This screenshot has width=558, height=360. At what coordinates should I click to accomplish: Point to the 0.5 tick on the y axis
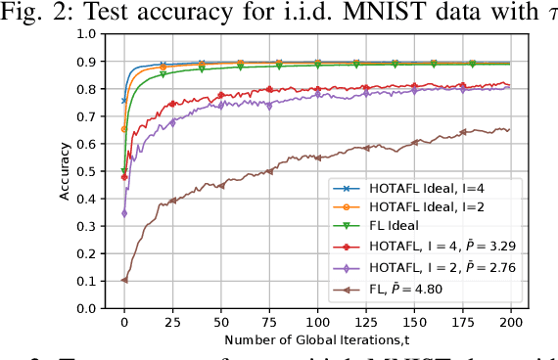[x=88, y=170]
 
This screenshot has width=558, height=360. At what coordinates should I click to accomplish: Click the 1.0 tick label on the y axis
[x=88, y=33]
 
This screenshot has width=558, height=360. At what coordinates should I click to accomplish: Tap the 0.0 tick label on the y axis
[x=88, y=307]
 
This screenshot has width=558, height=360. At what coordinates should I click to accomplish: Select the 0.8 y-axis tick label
[x=88, y=88]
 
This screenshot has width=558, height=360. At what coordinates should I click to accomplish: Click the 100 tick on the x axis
[x=317, y=321]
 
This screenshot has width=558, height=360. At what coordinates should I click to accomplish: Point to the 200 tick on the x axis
[x=510, y=321]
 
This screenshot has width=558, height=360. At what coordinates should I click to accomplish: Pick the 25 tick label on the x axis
[x=172, y=321]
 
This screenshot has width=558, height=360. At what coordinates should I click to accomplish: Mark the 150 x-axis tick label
[x=414, y=321]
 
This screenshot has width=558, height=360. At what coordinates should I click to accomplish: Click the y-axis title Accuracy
[x=65, y=170]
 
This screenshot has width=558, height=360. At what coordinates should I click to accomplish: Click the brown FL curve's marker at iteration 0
[x=124, y=279]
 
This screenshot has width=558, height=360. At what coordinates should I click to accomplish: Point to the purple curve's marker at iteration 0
[x=124, y=212]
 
